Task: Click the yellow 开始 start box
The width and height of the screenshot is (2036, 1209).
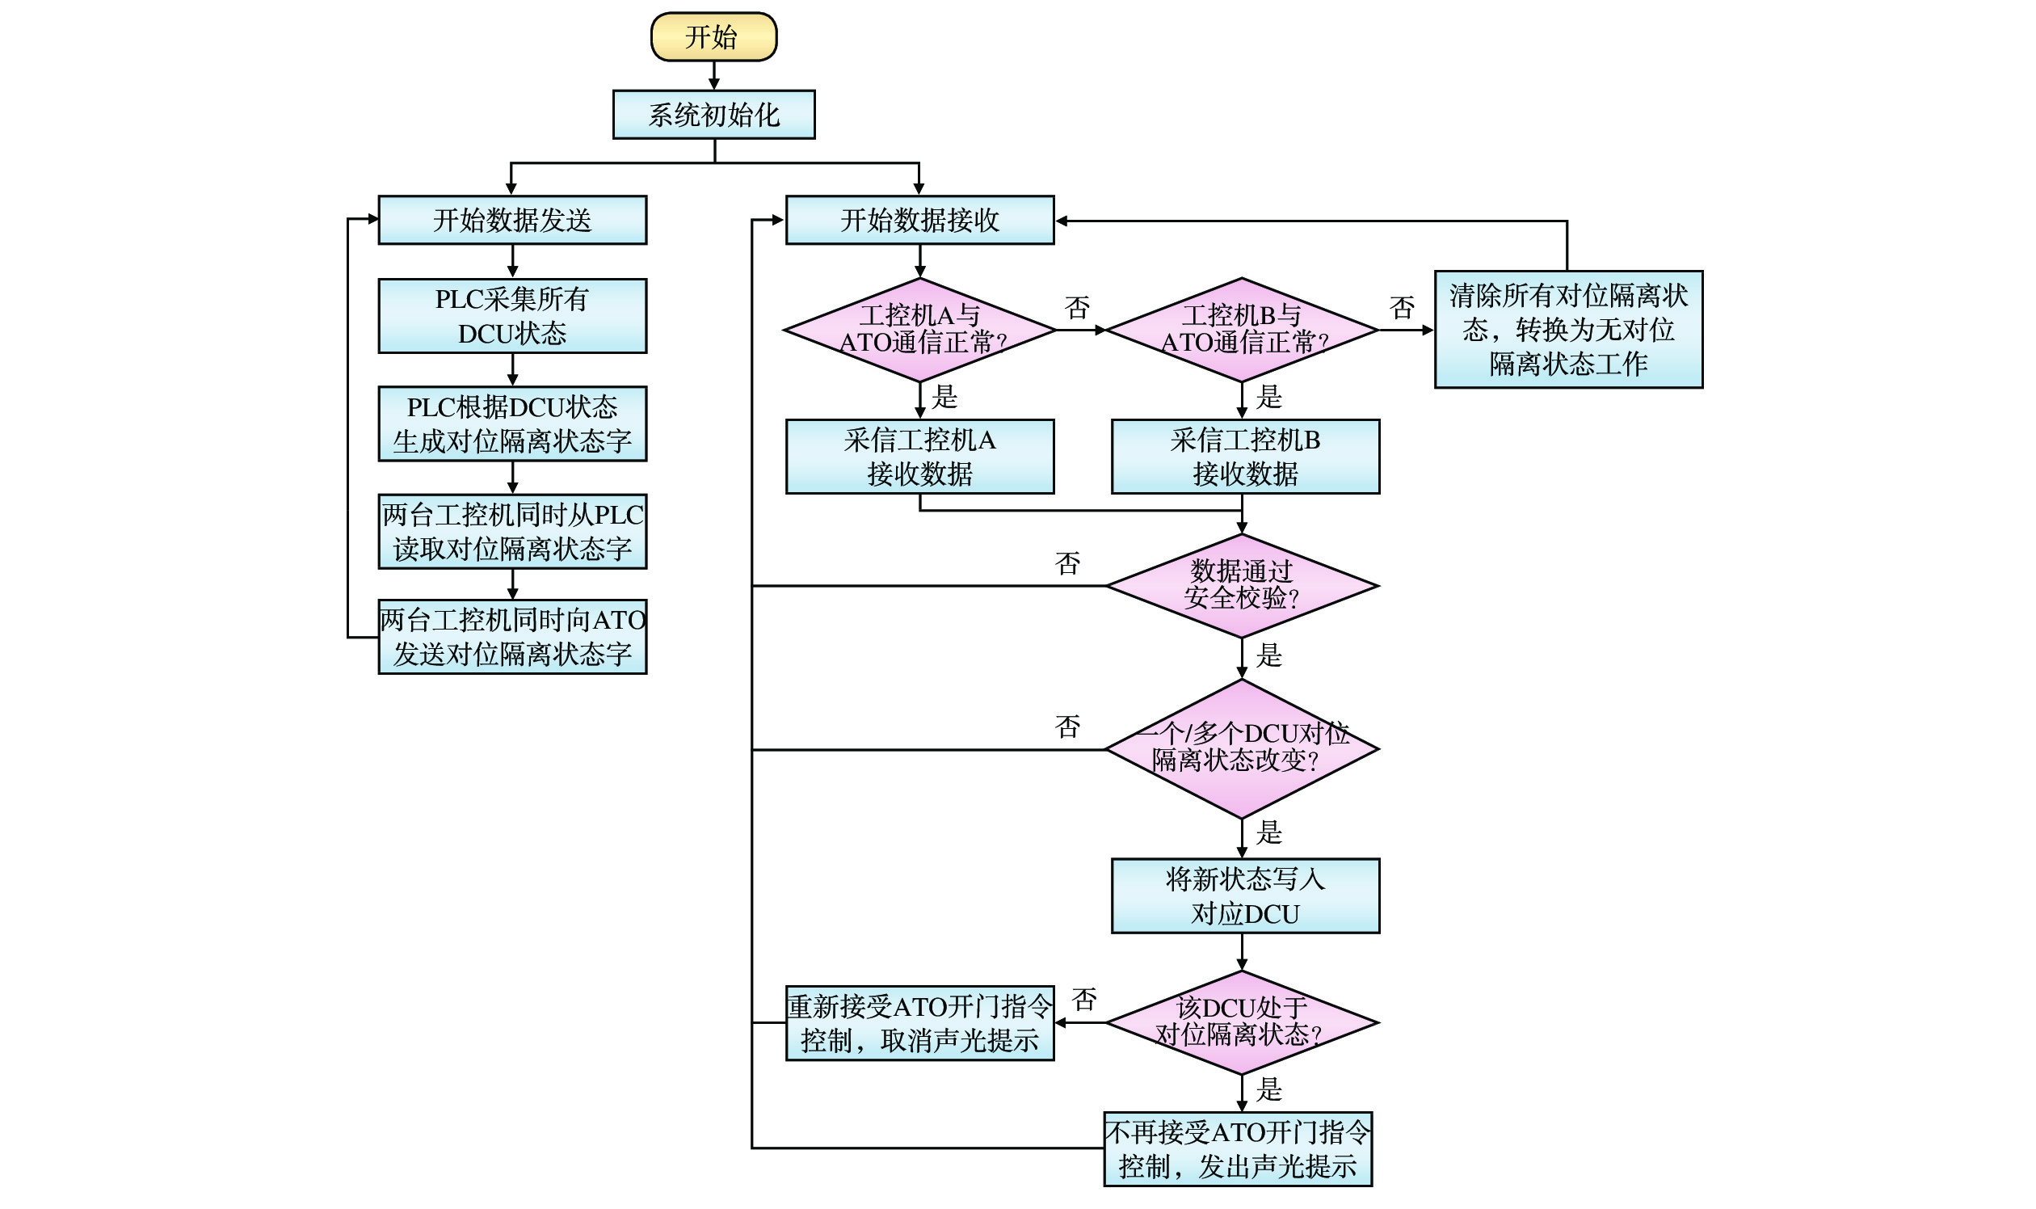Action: (713, 36)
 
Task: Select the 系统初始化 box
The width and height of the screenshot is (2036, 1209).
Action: (713, 115)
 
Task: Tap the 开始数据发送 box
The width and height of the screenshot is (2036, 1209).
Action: (512, 220)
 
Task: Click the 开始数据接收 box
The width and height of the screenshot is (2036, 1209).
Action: (919, 220)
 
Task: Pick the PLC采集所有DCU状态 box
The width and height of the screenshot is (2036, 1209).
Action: (512, 316)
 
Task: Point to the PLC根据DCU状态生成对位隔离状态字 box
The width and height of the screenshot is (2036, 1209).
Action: (512, 423)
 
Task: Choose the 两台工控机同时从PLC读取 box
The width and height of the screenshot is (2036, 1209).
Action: (512, 531)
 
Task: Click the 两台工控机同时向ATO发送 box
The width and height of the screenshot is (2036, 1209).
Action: (512, 637)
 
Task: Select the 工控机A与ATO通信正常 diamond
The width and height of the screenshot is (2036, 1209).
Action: (919, 330)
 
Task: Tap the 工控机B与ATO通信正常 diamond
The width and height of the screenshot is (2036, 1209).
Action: (1241, 330)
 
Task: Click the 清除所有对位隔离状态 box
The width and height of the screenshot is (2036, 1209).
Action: (1568, 329)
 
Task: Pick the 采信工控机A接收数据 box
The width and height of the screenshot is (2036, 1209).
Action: (919, 457)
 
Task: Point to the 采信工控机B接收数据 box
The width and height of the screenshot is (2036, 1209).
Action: (1245, 457)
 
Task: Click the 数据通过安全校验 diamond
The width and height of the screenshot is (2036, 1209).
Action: (1241, 586)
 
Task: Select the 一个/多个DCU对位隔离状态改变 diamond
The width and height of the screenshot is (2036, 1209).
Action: (1241, 748)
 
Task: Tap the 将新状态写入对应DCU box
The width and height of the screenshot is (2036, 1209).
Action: (1245, 896)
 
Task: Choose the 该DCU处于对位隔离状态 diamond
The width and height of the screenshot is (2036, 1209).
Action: (1241, 1022)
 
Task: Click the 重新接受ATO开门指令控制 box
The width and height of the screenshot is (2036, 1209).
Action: (919, 1023)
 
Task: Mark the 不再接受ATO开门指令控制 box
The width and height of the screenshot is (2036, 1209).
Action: (1238, 1148)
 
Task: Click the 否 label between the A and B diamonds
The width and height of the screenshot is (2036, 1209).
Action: (1077, 308)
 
